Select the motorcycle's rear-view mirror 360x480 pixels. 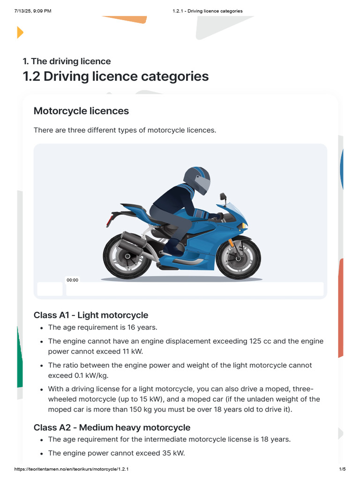223,196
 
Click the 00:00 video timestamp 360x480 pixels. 73,280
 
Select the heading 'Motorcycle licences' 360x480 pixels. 81,111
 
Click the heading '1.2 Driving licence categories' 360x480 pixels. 116,76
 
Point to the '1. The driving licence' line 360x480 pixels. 67,61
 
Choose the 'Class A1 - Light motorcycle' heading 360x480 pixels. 91,315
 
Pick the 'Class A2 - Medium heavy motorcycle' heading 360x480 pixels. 112,427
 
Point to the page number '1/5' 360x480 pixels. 342,469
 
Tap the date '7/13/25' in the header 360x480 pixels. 23,11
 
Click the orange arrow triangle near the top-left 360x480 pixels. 20,32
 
